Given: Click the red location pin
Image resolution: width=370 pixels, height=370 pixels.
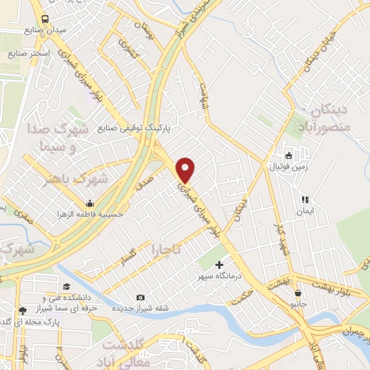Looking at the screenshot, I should [x=186, y=170].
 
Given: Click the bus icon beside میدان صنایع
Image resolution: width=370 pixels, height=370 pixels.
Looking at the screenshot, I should [x=46, y=18].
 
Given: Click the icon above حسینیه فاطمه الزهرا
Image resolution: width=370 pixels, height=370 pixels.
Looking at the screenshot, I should [x=90, y=203].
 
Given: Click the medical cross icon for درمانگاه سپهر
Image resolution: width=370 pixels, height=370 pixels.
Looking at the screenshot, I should [x=219, y=264].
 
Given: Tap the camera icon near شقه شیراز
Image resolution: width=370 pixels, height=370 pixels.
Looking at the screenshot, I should [x=140, y=297].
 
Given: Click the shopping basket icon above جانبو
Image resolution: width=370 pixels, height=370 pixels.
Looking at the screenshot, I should [x=298, y=293].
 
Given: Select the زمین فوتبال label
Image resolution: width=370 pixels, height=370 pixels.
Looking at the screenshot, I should [x=288, y=167].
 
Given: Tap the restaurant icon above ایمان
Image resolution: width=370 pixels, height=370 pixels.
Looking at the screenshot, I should [x=304, y=200].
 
